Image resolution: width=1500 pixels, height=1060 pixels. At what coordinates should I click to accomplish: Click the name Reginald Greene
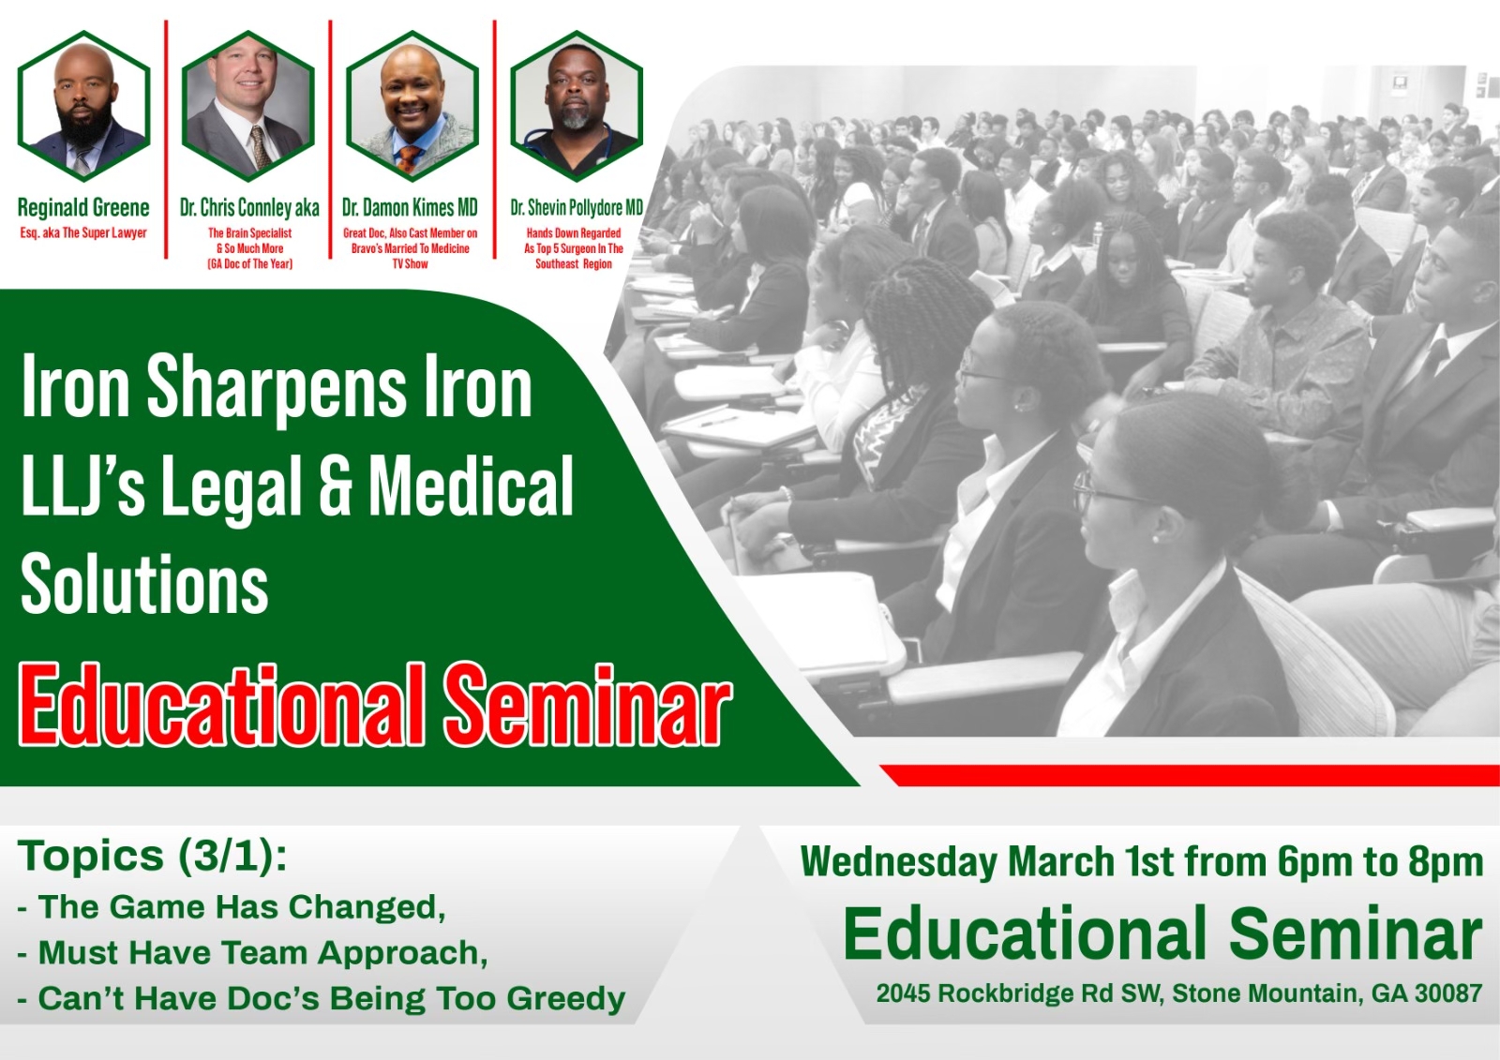[83, 207]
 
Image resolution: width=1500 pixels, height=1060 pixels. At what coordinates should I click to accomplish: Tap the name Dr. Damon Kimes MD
[410, 208]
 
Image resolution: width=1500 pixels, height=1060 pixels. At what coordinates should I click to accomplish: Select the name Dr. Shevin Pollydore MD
[577, 208]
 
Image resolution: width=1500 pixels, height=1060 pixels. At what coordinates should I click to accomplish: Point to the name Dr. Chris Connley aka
[249, 208]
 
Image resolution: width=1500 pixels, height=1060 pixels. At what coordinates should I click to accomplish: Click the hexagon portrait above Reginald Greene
[83, 106]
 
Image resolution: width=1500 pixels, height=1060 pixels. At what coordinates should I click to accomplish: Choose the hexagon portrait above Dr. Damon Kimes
[412, 106]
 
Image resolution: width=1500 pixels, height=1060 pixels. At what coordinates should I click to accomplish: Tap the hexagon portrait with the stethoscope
[577, 106]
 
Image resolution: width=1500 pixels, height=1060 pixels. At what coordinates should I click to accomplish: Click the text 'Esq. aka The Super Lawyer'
[83, 233]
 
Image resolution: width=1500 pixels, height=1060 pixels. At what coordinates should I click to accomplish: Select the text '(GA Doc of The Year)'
[249, 263]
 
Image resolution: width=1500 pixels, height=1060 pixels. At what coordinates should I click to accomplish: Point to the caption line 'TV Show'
[411, 263]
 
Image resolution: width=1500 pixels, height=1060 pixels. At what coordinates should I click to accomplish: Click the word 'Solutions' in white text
[144, 582]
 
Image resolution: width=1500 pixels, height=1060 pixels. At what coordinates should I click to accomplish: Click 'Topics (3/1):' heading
[153, 858]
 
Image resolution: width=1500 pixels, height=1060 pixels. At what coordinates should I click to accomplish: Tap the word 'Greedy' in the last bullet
[566, 999]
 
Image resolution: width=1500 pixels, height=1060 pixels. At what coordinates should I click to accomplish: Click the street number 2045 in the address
[904, 993]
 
